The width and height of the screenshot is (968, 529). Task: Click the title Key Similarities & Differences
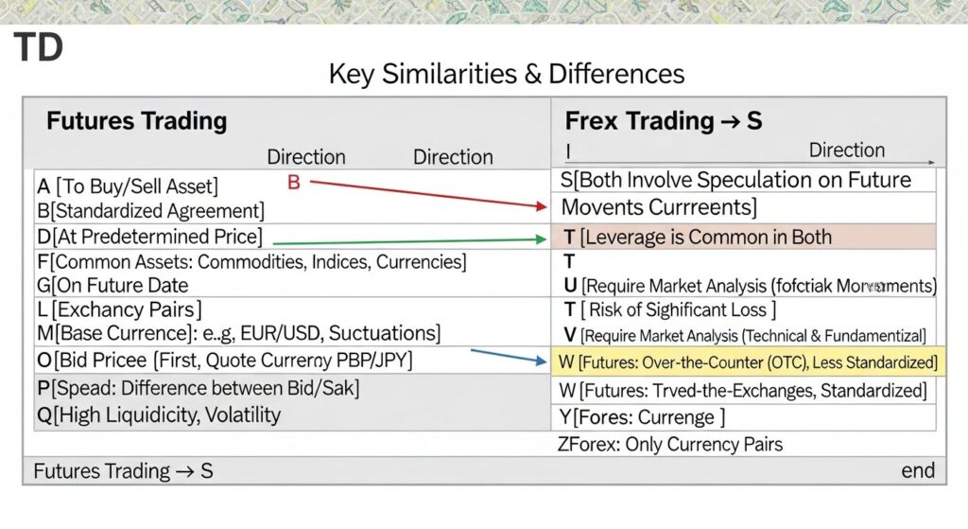coord(506,74)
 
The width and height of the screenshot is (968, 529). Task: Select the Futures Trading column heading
coord(136,121)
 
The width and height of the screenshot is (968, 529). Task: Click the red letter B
coord(293,182)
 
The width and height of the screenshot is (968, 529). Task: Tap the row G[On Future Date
coord(112,285)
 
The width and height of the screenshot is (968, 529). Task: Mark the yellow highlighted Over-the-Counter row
coord(747,361)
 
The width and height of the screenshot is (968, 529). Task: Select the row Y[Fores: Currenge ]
coord(643,417)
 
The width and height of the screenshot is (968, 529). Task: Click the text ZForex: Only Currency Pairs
coord(671,444)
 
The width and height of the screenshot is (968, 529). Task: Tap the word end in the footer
coord(917,470)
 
